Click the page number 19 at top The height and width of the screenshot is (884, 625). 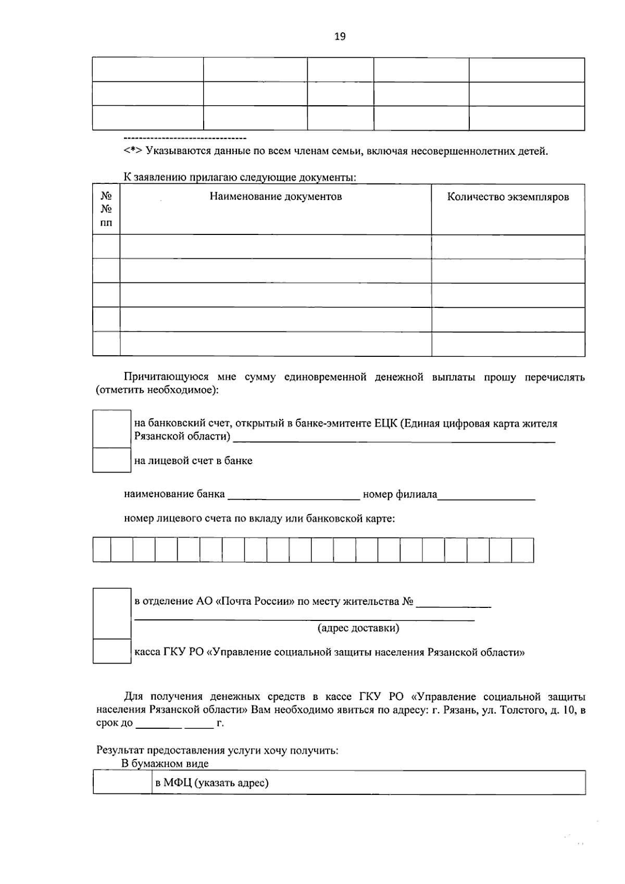click(340, 36)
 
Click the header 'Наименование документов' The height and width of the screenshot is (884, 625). click(276, 197)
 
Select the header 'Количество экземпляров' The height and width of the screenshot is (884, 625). click(508, 197)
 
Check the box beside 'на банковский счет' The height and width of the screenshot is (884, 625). click(111, 429)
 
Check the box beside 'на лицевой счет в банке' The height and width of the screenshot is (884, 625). click(111, 460)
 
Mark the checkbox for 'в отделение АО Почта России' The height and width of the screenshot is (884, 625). click(111, 613)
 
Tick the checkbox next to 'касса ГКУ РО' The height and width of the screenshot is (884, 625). click(111, 651)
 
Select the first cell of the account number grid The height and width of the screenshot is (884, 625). click(102, 550)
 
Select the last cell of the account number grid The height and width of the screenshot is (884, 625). click(522, 550)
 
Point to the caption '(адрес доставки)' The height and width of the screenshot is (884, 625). click(358, 628)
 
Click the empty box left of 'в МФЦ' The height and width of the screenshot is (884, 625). click(122, 782)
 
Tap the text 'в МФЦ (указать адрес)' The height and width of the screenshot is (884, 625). click(212, 782)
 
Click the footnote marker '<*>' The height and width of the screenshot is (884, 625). click(133, 152)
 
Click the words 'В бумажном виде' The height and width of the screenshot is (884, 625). click(165, 764)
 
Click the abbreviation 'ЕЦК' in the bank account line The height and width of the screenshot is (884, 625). click(385, 424)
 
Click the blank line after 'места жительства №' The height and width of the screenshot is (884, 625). click(454, 603)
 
